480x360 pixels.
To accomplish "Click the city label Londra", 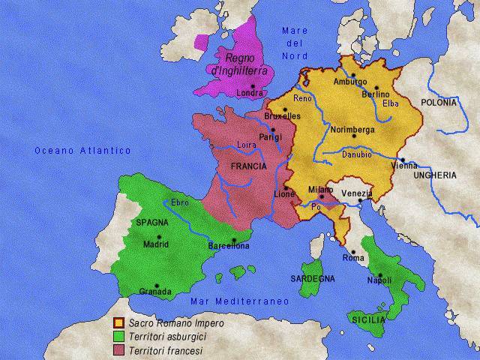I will tap(250, 94).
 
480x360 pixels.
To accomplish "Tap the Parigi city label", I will tap(270, 137).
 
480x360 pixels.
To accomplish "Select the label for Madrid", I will tap(156, 244).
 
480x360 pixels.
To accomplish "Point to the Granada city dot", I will tap(156, 285).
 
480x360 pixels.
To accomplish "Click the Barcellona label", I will tap(229, 245).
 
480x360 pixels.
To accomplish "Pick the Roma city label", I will tap(353, 259).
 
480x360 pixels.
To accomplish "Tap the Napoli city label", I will tap(380, 280).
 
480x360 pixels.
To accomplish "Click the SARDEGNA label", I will tap(313, 279).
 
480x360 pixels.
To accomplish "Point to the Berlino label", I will tap(375, 94).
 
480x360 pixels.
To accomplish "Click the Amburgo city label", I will tap(349, 82).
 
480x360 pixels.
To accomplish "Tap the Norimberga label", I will tap(352, 129).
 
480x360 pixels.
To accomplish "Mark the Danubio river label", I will tap(356, 154).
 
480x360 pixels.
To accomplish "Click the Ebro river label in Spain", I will tap(180, 202).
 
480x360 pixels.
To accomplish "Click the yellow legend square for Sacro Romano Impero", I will tap(118, 323).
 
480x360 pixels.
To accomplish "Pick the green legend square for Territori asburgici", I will tap(118, 337).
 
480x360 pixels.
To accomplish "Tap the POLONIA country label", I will tap(438, 101).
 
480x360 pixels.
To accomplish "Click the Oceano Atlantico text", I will tap(82, 151).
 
